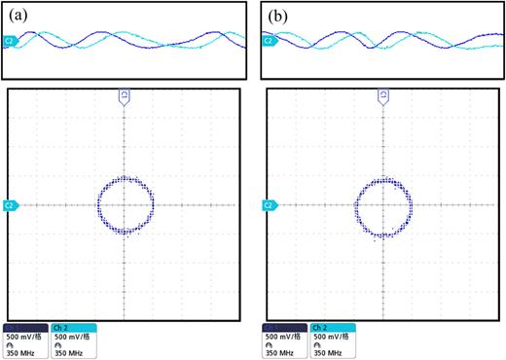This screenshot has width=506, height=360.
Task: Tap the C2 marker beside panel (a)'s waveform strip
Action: (10, 40)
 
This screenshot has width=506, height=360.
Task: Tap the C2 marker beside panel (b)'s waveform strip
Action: (268, 40)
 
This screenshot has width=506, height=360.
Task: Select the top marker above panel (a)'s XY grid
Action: (125, 94)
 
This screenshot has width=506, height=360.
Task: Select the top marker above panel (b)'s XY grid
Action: (383, 94)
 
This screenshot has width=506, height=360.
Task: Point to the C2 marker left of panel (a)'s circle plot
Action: (9, 205)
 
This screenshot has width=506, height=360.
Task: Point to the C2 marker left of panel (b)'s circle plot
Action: (267, 205)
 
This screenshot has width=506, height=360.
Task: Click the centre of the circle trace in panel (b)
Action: (383, 205)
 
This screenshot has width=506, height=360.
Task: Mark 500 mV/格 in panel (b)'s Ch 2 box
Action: (331, 337)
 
